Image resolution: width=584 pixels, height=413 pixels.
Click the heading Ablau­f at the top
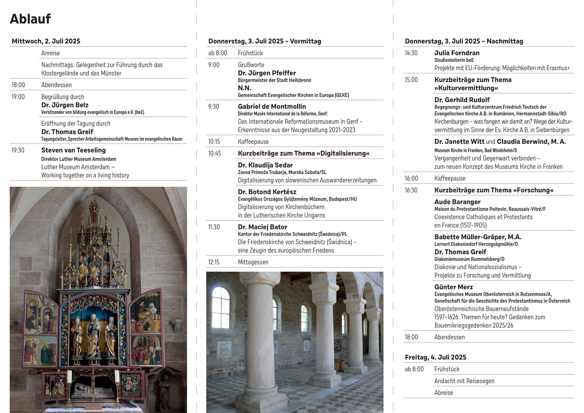click(x=30, y=19)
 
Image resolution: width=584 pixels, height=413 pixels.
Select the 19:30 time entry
click(x=18, y=150)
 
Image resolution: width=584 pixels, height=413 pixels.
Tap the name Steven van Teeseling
click(x=73, y=150)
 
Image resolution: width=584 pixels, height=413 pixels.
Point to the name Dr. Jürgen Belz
click(x=65, y=105)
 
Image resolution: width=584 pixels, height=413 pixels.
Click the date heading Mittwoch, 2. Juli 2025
click(x=46, y=41)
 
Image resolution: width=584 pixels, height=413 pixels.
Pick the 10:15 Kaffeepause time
click(x=214, y=142)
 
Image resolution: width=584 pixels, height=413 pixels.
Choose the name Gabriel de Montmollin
click(x=272, y=107)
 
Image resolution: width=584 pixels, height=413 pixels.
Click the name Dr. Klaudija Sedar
click(x=265, y=165)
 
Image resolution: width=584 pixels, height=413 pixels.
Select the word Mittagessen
click(x=253, y=262)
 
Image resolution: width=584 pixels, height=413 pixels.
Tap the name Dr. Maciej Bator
click(x=262, y=227)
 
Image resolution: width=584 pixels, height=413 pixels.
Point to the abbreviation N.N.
click(x=244, y=88)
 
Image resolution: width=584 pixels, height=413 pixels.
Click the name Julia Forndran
click(x=457, y=53)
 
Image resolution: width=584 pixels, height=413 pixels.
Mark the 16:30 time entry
click(x=411, y=190)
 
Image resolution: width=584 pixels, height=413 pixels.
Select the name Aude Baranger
click(x=457, y=202)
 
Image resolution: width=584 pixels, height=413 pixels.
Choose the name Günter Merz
click(x=453, y=287)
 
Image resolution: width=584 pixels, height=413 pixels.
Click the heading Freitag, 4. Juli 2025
click(x=435, y=357)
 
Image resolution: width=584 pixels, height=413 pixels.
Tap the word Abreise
click(x=444, y=393)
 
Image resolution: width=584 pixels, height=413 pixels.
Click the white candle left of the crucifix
click(x=69, y=377)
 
